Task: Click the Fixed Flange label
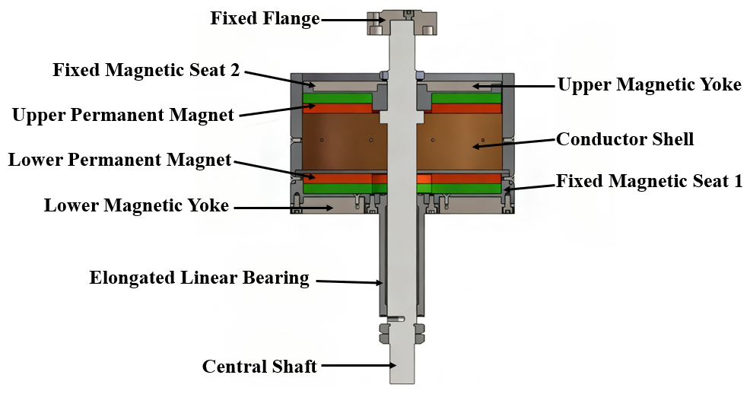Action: (265, 18)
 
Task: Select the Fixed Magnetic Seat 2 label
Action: (146, 71)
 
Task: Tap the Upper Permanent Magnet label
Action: (123, 116)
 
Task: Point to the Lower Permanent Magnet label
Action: (119, 160)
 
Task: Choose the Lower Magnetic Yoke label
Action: (136, 205)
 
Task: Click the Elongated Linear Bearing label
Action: (199, 278)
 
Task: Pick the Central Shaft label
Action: (259, 367)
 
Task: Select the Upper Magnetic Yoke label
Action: (649, 84)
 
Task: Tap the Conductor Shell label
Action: (624, 139)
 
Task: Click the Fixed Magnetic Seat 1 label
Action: (649, 181)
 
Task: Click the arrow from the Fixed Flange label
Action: (345, 19)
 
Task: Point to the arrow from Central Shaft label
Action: (358, 367)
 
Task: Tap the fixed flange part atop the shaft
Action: (401, 23)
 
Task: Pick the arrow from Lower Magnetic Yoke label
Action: (281, 206)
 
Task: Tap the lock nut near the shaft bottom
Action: (402, 332)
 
